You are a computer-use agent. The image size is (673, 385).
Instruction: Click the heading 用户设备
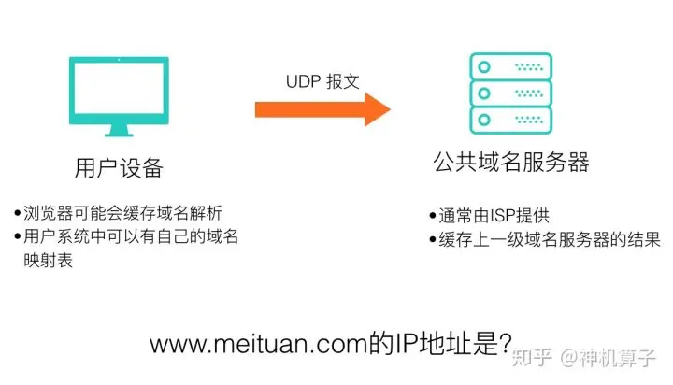(119, 168)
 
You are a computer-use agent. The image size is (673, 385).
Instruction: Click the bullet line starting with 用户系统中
(126, 236)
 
